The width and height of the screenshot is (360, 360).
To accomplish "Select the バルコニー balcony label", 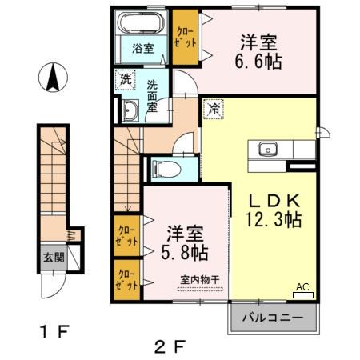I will (x=274, y=318).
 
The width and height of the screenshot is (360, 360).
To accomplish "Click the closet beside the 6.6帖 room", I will (x=186, y=37).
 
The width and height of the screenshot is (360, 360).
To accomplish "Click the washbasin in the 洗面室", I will (x=130, y=111).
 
